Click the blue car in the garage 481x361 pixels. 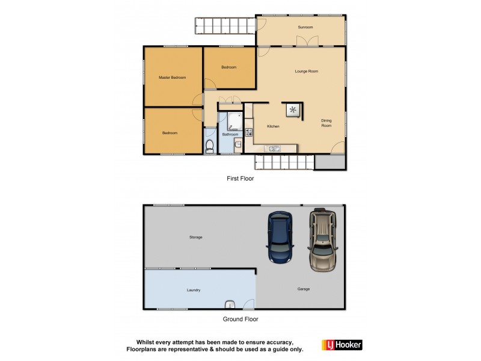tap(280, 238)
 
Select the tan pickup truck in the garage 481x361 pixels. tap(322, 239)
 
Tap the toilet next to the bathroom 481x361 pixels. tap(210, 146)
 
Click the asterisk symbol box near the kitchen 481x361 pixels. tap(293, 109)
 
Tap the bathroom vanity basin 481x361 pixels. tap(238, 144)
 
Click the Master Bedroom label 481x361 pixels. tap(172, 78)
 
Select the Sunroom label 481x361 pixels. tap(306, 28)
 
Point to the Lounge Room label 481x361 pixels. tap(306, 71)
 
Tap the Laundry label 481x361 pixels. tap(193, 290)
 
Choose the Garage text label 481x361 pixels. tap(303, 289)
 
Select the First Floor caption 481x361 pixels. tap(240, 179)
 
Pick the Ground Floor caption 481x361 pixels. tap(240, 319)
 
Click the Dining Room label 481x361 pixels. tap(326, 123)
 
